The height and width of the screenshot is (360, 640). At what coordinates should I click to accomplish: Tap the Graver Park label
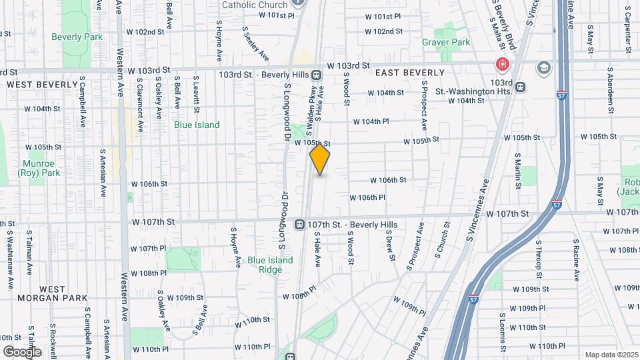[446, 42]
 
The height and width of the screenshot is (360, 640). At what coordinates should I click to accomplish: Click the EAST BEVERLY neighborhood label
[410, 72]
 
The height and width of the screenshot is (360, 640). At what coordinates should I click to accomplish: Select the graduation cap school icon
[545, 67]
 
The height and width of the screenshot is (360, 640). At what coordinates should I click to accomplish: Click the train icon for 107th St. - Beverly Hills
[301, 225]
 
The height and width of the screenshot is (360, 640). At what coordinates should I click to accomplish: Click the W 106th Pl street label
[367, 197]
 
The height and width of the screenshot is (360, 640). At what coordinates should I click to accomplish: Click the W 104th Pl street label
[371, 121]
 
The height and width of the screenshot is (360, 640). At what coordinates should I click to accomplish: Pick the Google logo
[22, 351]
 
